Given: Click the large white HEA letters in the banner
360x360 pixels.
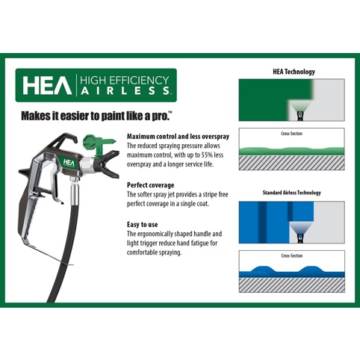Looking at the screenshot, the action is tap(47, 85).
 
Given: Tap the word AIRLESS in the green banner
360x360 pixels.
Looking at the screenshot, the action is tap(125, 90).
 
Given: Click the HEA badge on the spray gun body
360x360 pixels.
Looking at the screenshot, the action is tap(69, 163).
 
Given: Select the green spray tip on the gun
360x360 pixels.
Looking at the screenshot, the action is tap(98, 145).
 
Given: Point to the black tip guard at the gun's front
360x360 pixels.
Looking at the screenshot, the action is tap(108, 164).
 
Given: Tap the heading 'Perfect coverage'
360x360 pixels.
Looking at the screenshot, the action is tap(150, 185).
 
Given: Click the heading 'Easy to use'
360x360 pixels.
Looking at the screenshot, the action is tap(142, 225).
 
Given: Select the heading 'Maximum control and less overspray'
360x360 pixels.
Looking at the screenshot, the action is tap(178, 137).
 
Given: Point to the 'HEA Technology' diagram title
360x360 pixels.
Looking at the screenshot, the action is tap(294, 72).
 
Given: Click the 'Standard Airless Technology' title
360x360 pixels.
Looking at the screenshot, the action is tap(292, 193).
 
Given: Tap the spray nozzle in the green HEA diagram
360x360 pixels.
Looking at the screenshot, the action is tap(300, 116).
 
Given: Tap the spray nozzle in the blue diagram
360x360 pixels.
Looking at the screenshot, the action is tap(301, 238).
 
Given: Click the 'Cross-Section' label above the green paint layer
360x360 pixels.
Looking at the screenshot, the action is tap(291, 134).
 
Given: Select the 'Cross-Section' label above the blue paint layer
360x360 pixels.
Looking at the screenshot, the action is tap(292, 255).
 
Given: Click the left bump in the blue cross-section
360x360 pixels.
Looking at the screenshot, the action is tap(262, 269).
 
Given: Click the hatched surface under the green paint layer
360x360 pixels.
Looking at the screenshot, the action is tap(292, 163).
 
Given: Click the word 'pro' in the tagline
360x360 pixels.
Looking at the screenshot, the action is tap(161, 116).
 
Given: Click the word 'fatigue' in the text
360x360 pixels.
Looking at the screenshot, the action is tap(196, 243).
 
